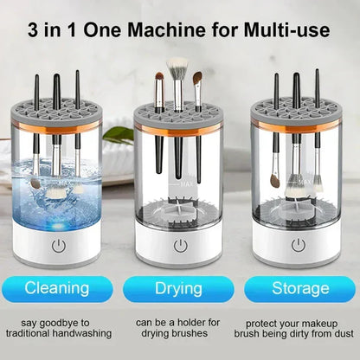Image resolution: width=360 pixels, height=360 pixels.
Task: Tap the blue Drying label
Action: (x=178, y=287)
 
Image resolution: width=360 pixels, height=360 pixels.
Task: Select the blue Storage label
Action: (x=300, y=287)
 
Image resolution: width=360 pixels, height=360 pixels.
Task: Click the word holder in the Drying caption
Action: (x=193, y=322)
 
